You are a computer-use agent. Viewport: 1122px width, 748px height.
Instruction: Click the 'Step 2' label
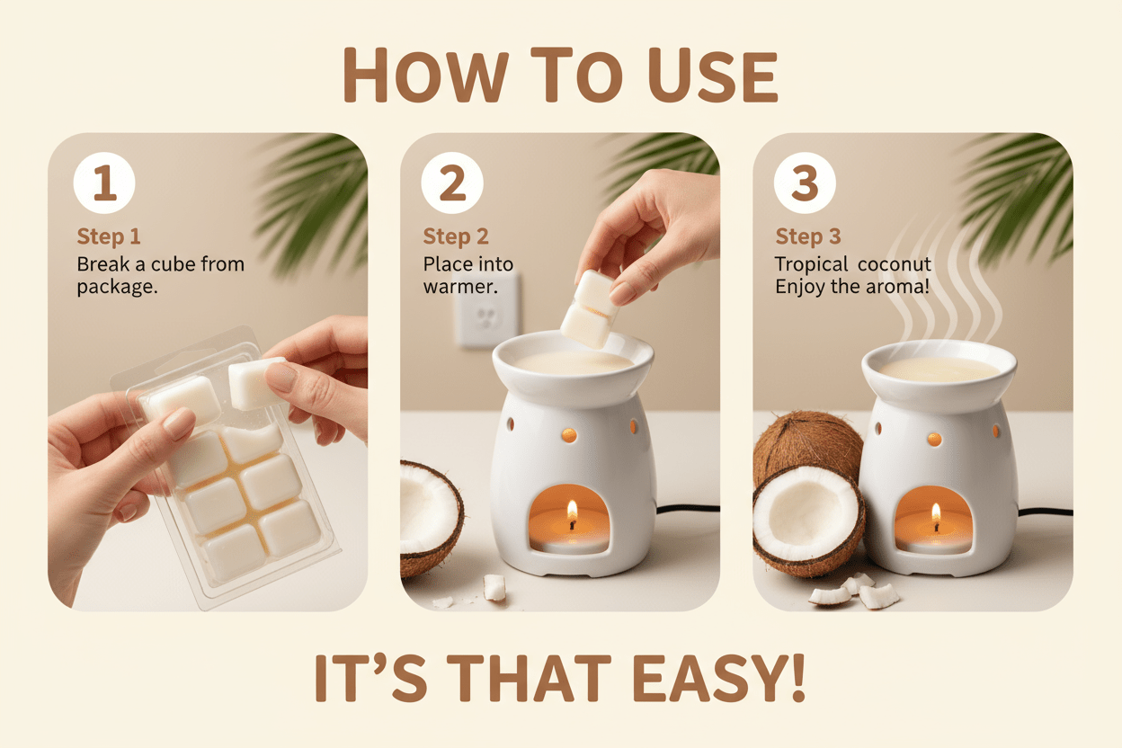(x=456, y=236)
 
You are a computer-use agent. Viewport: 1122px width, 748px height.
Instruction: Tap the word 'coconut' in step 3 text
(x=893, y=264)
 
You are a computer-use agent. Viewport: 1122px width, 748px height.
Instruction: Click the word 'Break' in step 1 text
(x=102, y=264)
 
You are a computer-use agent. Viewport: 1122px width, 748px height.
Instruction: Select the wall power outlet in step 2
(x=486, y=310)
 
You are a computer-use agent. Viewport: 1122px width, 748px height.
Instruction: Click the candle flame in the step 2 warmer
(x=571, y=513)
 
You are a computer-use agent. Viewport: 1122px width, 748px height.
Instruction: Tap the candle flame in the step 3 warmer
(x=935, y=516)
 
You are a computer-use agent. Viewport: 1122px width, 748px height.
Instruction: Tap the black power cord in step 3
(x=1043, y=512)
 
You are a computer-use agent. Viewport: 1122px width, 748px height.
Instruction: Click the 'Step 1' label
(x=109, y=236)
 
